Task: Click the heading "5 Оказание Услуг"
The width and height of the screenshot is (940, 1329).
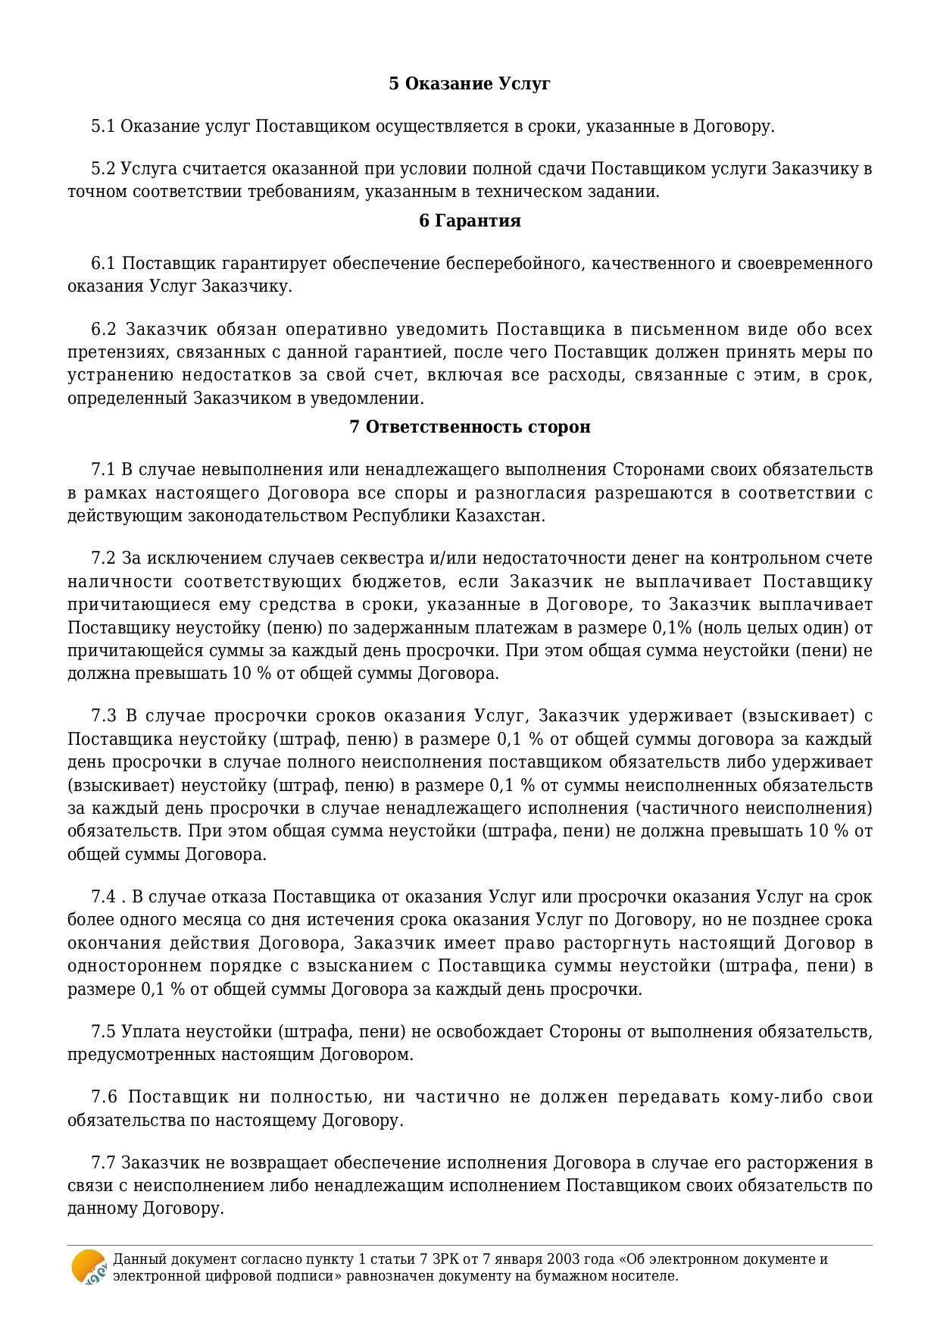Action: coord(470,83)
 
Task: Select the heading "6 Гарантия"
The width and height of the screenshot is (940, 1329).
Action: coord(470,220)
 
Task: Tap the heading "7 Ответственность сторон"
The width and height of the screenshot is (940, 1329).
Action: coord(470,427)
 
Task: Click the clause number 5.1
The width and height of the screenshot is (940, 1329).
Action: coord(103,126)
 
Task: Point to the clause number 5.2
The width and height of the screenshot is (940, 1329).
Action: coord(103,168)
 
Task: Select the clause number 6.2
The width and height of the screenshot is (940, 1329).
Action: coord(104,329)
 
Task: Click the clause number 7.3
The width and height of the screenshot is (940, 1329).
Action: coord(104,715)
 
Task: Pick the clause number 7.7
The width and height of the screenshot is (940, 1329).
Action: coord(104,1162)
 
